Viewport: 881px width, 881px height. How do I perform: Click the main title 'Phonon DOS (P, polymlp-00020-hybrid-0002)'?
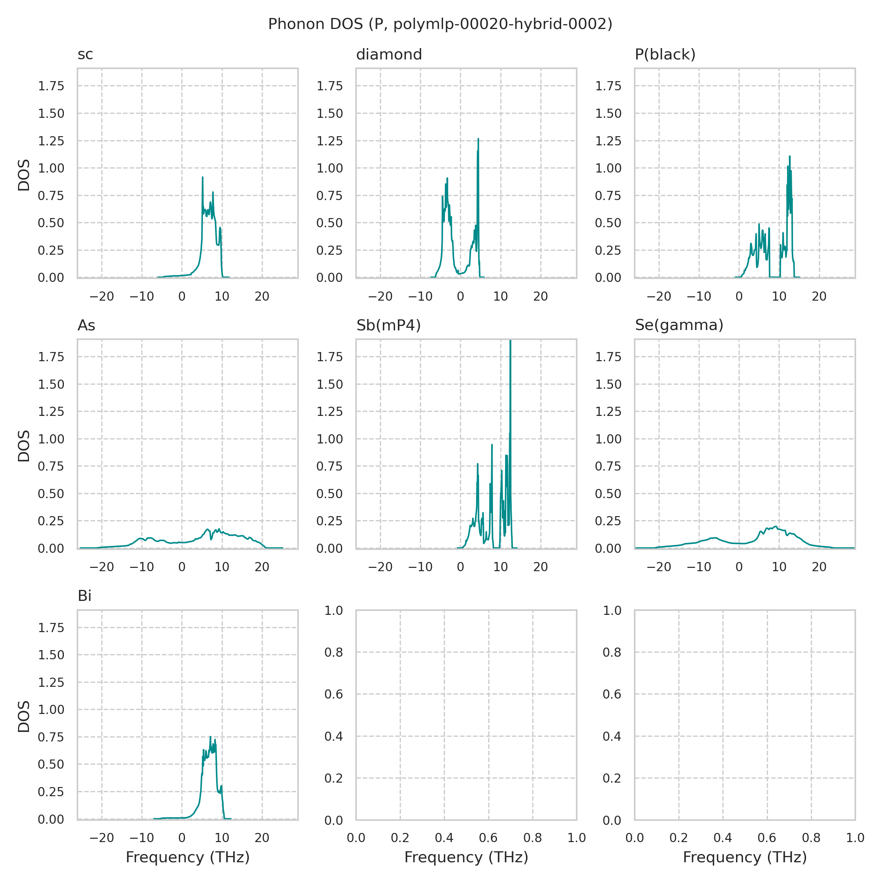pos(440,24)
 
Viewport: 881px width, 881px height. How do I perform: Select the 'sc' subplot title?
pos(85,55)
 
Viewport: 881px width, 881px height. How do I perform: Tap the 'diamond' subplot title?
pos(389,55)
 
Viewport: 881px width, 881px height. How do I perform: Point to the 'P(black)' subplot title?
pos(665,55)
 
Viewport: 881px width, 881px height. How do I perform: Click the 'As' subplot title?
pos(86,325)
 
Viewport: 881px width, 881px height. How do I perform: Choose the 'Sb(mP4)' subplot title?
pos(388,325)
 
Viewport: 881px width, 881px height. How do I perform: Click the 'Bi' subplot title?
pos(84,596)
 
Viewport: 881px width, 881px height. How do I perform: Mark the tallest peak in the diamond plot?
pos(478,139)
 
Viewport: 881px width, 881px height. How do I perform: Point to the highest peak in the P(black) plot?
pos(789,157)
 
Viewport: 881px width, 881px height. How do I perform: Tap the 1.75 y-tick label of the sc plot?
pos(51,86)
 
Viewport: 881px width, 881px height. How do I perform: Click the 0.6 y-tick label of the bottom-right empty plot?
pos(612,694)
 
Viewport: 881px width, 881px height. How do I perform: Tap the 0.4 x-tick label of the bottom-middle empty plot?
pos(444,838)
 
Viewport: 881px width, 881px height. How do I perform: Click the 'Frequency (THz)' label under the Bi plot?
pos(188,857)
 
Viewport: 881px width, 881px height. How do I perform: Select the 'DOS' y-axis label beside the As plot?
pos(24,446)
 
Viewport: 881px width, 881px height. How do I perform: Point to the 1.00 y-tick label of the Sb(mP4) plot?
pos(329,439)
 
